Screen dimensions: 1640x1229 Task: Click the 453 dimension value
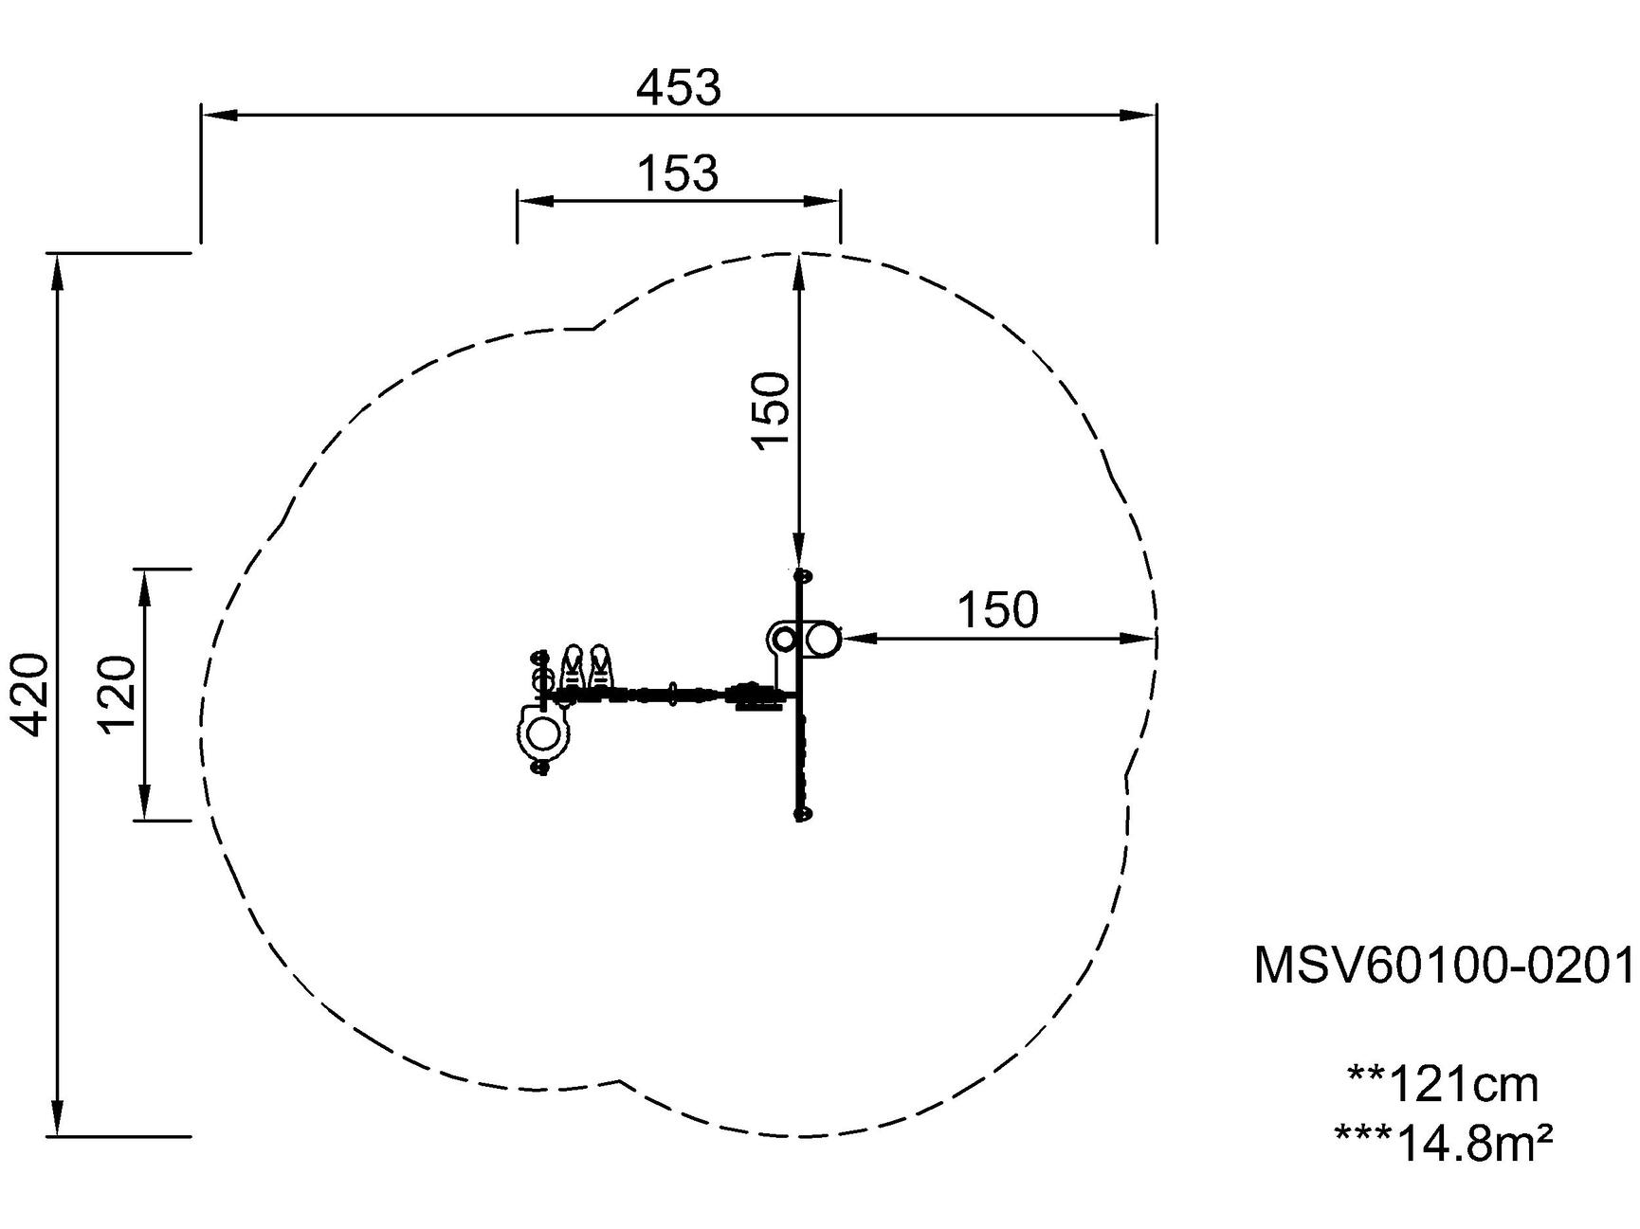678,88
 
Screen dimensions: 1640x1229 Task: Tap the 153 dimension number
678,174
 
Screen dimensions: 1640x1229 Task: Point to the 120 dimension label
118,695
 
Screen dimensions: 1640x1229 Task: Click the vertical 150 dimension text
771,409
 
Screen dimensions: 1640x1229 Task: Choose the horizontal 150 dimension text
997,611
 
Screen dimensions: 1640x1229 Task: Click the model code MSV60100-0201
1446,966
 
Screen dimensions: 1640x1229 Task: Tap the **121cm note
1443,1083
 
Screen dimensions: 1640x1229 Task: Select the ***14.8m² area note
1444,1142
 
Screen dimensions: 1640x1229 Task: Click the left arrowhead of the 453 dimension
219,115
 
